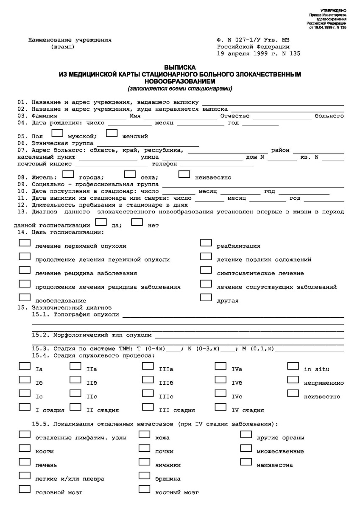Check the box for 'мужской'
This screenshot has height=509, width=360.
pos(57,134)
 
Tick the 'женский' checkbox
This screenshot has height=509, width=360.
pos(112,134)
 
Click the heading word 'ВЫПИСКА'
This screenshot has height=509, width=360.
pos(180,67)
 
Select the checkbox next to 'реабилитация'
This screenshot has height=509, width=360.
pos(206,243)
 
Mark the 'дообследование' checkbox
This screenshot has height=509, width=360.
pos(25,298)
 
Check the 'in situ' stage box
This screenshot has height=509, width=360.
pos(293,366)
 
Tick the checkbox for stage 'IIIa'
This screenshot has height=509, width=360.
pos(148,366)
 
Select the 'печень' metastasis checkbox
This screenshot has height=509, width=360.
pos(25,462)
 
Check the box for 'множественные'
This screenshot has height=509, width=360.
pos(246,448)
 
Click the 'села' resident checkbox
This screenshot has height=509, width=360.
pos(130,174)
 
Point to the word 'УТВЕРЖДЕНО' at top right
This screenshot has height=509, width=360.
pos(334,10)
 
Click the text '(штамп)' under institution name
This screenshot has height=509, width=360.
pos(61,47)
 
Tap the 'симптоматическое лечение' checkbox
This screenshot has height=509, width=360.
pos(206,270)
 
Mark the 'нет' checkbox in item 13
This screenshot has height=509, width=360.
pos(137,222)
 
